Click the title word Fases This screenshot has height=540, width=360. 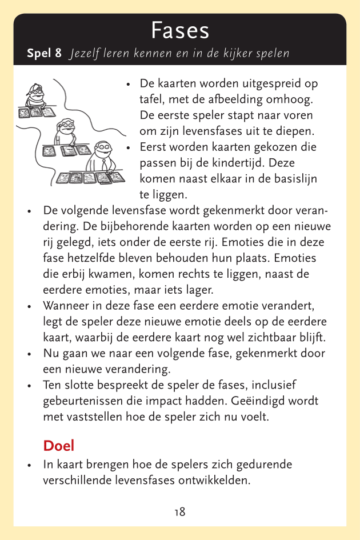pyautogui.click(x=180, y=30)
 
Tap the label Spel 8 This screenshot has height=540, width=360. pyautogui.click(x=44, y=54)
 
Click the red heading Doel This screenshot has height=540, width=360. pyautogui.click(x=59, y=446)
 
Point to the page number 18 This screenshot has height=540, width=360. pyautogui.click(x=180, y=512)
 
